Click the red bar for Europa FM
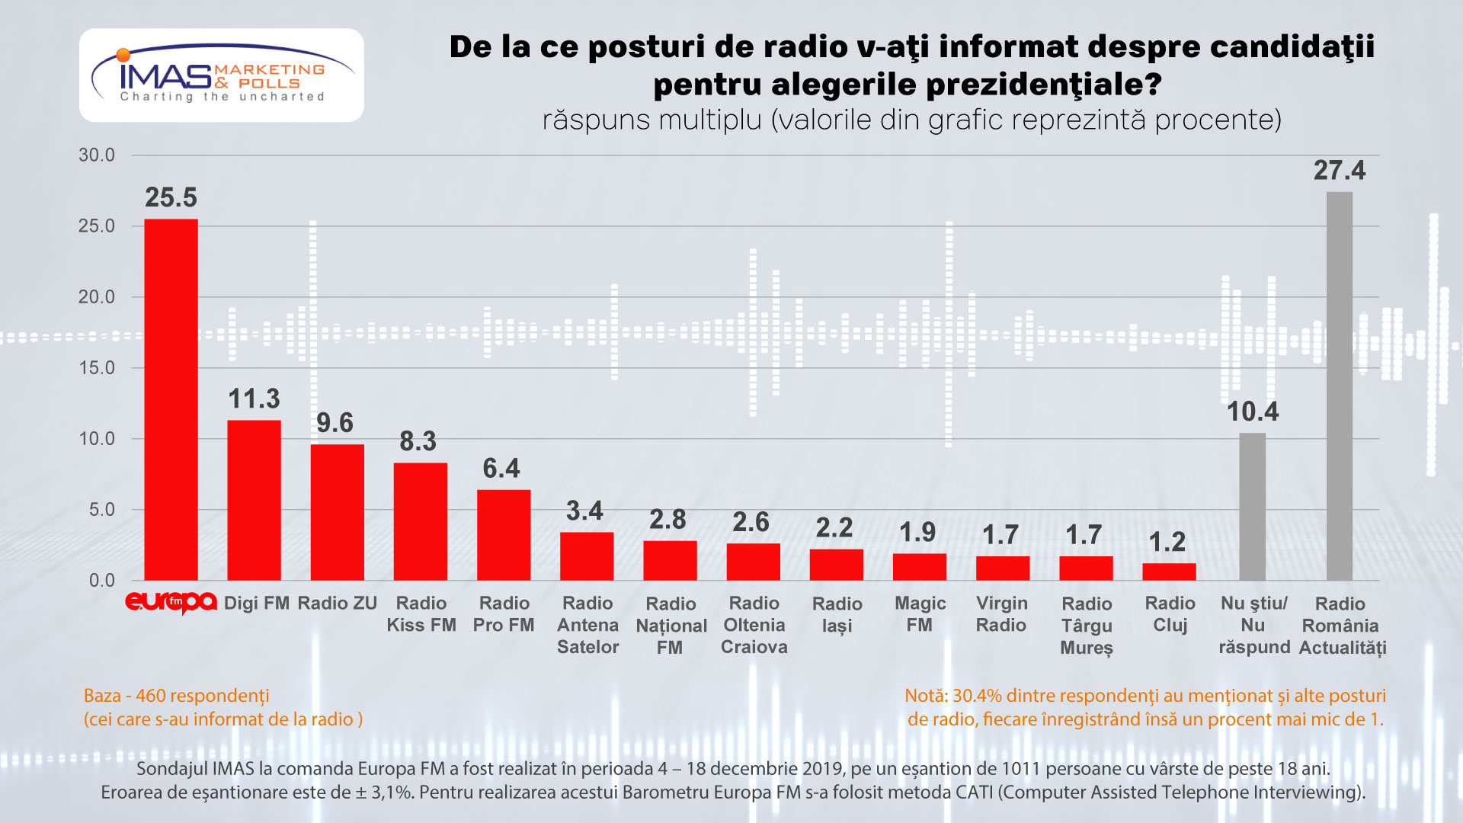point(171,400)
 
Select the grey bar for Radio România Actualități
point(1339,386)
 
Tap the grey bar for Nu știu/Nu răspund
point(1252,507)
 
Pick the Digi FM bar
point(254,500)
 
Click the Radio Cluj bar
point(1169,572)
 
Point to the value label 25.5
point(171,198)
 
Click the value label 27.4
point(1339,171)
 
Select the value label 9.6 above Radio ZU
point(335,423)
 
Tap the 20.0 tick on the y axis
point(97,297)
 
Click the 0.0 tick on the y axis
point(102,581)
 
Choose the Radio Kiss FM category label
point(421,614)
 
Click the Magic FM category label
point(920,614)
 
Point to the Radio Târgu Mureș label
point(1087,626)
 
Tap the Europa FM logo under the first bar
point(171,603)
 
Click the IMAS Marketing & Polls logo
point(221,75)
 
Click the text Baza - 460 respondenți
point(176,696)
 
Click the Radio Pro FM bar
point(503,535)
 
